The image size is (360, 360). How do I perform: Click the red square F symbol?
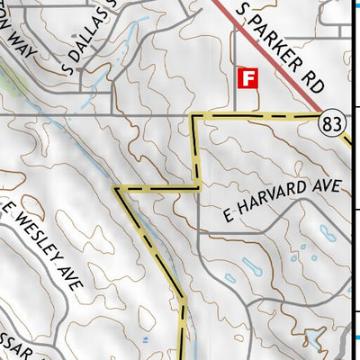pos(247,77)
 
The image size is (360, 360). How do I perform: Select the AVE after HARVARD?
pos(328,188)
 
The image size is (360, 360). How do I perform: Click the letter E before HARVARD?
pos(227,216)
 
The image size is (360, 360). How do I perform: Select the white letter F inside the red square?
pos(247,77)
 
